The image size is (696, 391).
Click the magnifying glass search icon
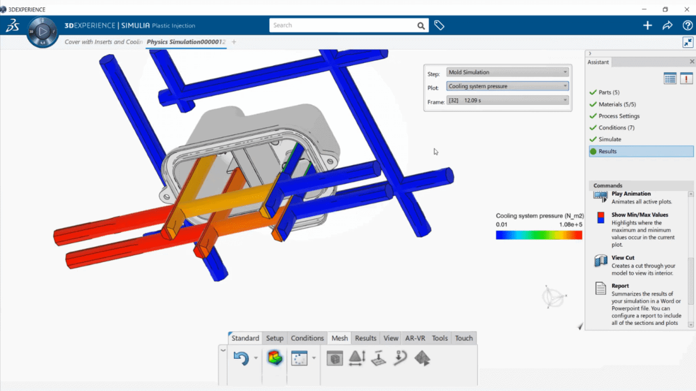coord(421,26)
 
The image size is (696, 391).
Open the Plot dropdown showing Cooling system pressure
coord(507,86)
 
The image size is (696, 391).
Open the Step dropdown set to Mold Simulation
coord(507,72)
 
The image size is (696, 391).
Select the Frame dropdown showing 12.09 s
coord(507,100)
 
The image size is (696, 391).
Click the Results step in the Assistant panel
coord(607,151)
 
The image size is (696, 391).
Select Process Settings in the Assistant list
coord(619,116)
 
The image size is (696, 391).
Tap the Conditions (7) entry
coord(617,128)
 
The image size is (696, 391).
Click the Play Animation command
coord(631,194)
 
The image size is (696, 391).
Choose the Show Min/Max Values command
coord(640,215)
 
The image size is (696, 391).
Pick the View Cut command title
coord(623,257)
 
